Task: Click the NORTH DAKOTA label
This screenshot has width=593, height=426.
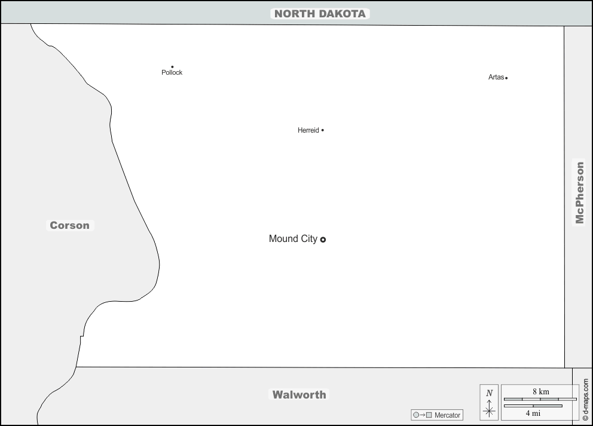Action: tap(320, 14)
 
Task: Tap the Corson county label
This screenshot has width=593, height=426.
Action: tap(70, 225)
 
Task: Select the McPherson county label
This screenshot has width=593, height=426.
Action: tap(579, 192)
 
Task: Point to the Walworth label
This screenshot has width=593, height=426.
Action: tap(299, 394)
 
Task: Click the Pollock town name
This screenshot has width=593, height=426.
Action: tap(172, 73)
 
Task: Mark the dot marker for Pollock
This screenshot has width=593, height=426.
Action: tap(172, 67)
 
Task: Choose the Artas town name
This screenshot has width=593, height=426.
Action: tap(496, 77)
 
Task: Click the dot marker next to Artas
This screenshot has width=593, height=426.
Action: tap(506, 78)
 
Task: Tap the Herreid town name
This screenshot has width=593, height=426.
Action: tap(308, 130)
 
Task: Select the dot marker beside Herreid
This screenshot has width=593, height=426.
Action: tap(323, 130)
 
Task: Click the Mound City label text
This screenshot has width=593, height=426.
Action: tap(293, 239)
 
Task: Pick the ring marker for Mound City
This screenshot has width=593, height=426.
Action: tap(323, 240)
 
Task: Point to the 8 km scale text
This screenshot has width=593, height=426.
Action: tap(540, 392)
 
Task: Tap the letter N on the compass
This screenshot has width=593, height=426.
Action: tap(489, 393)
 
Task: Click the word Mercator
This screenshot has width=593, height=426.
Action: tap(447, 415)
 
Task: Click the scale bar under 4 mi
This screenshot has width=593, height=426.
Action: tap(533, 406)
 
